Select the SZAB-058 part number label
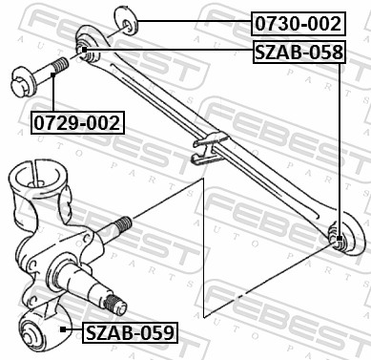click(298, 53)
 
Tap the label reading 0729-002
click(77, 123)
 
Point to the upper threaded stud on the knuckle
click(119, 228)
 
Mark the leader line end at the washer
click(135, 21)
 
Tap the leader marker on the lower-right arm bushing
click(340, 238)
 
